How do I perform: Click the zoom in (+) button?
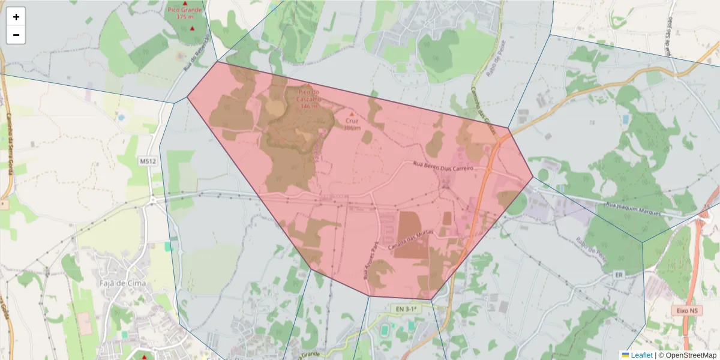click(x=16, y=17)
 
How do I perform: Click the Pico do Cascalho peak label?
click(x=308, y=98)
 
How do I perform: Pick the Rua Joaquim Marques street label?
click(x=632, y=209)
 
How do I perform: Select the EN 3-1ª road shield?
click(x=406, y=309)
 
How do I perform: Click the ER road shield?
click(x=620, y=274)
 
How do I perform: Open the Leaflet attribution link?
click(x=641, y=355)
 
